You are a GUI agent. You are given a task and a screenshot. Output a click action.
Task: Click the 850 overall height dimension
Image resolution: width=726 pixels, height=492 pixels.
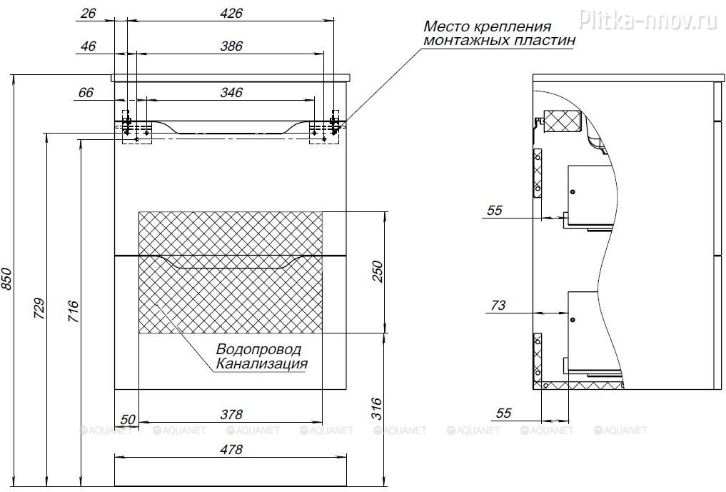pos(7,279)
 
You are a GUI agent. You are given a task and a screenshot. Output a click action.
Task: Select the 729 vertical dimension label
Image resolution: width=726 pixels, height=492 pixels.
pos(40,308)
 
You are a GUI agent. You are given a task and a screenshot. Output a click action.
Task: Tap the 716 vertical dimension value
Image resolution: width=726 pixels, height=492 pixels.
pos(73,311)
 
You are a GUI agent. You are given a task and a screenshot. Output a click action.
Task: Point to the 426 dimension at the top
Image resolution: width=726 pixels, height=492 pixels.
pos(231,13)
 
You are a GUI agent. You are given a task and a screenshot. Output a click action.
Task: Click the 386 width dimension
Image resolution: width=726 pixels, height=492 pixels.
pos(231,46)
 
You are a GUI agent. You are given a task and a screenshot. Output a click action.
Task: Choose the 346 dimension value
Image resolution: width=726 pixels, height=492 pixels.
pos(231,93)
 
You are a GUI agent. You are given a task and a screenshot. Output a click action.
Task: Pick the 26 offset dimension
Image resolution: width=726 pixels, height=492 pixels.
pos(88,13)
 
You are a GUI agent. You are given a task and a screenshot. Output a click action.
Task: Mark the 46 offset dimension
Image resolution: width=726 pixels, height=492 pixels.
pos(88,46)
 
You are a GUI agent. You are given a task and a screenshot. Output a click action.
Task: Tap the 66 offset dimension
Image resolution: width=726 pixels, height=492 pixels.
pos(86,93)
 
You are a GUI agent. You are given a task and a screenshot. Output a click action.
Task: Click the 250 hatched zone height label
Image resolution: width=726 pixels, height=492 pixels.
pos(378,272)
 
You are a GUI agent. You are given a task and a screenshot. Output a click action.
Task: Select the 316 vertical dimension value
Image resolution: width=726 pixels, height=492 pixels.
pos(378,408)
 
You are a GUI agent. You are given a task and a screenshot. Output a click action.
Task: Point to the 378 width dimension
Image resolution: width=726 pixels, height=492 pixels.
pos(231,414)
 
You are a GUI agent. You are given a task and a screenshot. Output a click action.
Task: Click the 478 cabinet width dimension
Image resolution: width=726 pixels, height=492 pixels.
pos(231,449)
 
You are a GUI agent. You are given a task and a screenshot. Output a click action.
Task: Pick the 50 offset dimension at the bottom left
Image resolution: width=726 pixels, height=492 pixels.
pos(128,420)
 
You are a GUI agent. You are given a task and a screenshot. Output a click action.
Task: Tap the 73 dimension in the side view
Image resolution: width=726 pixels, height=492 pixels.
pos(498,306)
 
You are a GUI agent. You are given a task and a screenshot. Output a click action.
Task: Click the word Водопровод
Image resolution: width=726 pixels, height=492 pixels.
pos(259,349)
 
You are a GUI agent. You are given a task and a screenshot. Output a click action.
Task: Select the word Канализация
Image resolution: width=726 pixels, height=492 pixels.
pos(262,363)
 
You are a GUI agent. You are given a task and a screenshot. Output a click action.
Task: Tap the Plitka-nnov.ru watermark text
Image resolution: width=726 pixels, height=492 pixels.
pos(648,19)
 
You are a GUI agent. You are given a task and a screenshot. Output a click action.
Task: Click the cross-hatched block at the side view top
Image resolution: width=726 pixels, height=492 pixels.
pos(562,122)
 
